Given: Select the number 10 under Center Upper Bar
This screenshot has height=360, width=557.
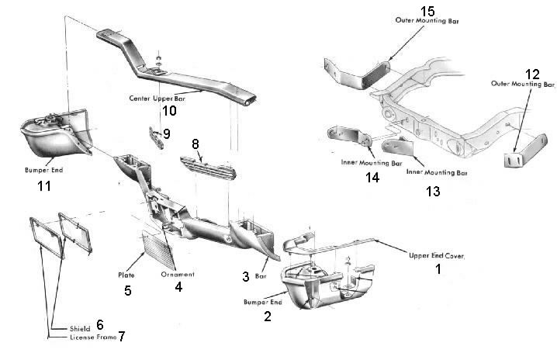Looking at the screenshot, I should (x=168, y=111).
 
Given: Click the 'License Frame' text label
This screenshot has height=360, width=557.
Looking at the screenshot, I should (x=74, y=339).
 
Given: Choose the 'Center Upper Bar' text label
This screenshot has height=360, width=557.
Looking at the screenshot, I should (x=157, y=99).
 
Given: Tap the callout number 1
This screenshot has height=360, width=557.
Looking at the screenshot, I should (x=437, y=270).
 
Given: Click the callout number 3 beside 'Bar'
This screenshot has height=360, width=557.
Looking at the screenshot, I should (x=245, y=277).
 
